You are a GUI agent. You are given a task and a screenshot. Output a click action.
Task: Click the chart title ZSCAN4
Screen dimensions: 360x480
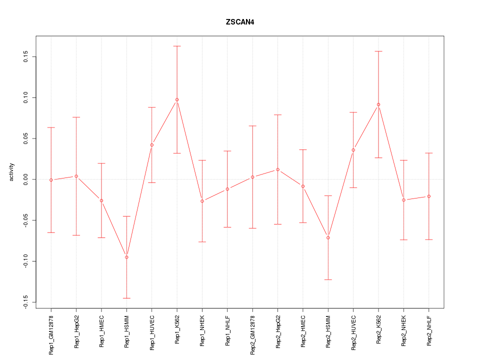(x=240, y=22)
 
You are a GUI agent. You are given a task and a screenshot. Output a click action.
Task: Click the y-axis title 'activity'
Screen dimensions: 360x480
(x=12, y=172)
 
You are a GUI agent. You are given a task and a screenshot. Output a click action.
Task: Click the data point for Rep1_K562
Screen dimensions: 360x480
(x=177, y=99)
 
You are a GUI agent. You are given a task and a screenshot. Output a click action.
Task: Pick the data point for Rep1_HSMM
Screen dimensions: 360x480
(x=126, y=257)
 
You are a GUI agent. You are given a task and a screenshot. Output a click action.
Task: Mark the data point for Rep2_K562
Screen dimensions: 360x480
(x=378, y=104)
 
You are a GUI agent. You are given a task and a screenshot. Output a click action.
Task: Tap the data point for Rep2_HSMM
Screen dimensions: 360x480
(x=328, y=237)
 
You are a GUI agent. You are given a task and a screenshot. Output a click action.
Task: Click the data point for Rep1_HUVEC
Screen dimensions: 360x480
(x=152, y=145)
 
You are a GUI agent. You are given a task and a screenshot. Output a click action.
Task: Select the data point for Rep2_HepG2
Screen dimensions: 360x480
(x=277, y=169)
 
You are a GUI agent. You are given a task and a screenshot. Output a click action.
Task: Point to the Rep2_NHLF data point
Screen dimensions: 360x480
(x=429, y=196)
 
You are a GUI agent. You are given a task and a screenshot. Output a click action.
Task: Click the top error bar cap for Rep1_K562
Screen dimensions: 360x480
(x=177, y=46)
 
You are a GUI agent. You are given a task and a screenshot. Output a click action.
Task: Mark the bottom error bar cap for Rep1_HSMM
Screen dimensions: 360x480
(x=126, y=298)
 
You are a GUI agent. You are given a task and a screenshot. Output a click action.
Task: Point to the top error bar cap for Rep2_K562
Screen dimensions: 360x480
(x=378, y=51)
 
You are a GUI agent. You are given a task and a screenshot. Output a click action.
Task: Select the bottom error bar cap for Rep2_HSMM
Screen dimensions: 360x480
(x=328, y=279)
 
